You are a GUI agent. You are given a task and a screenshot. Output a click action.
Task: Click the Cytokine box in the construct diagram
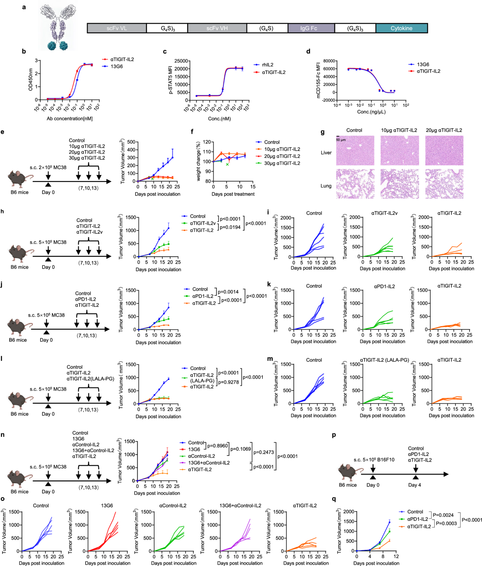[401, 28]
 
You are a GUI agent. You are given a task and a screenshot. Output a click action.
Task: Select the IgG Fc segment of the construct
[310, 28]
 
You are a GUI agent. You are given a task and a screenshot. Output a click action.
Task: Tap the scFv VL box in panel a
[116, 28]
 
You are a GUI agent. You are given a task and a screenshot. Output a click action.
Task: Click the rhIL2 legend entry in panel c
[268, 65]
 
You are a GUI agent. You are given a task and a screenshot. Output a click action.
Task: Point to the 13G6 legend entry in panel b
[116, 66]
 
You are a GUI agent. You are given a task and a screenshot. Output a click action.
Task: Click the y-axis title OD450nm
[31, 79]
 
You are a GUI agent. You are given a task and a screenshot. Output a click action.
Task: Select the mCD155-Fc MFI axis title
[319, 80]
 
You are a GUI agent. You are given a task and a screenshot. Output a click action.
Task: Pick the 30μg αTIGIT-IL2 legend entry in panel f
[282, 163]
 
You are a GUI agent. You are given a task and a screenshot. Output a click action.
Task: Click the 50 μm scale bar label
[341, 140]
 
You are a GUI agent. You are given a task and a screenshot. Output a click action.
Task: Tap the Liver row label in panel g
[326, 153]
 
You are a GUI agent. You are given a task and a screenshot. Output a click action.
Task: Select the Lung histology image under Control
[355, 184]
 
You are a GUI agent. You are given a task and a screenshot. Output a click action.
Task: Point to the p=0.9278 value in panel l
[229, 382]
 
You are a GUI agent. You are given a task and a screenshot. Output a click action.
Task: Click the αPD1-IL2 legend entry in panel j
[203, 296]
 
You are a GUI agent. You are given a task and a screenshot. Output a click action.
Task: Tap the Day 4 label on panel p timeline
[415, 485]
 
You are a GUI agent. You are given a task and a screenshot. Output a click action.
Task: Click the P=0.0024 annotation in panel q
[443, 515]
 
